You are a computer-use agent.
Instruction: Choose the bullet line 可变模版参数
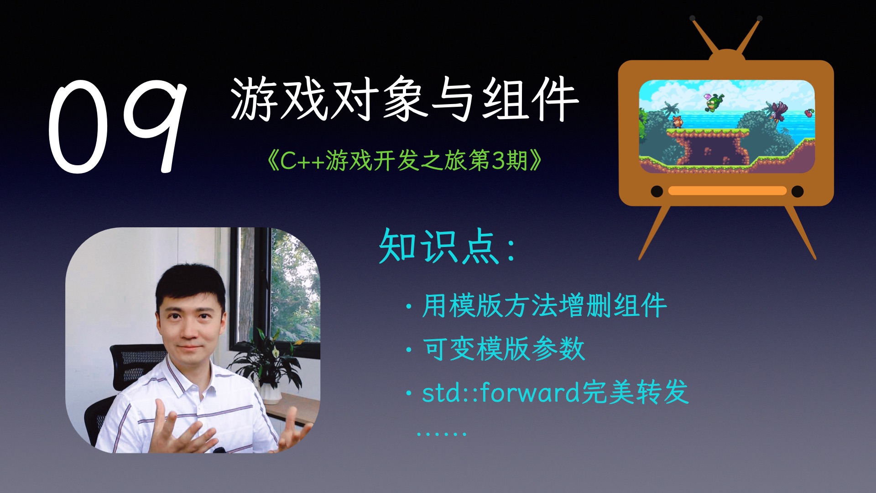[x=503, y=349]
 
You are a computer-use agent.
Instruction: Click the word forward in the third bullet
[x=530, y=392]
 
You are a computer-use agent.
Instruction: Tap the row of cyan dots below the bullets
[x=441, y=433]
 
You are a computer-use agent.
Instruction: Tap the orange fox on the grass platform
[x=677, y=121]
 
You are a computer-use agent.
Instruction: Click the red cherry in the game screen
[x=808, y=112]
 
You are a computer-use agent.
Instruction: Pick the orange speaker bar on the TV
[x=727, y=191]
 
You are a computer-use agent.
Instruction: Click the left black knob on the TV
[x=657, y=191]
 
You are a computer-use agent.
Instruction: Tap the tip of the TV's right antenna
[x=760, y=18]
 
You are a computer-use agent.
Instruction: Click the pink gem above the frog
[x=708, y=97]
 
